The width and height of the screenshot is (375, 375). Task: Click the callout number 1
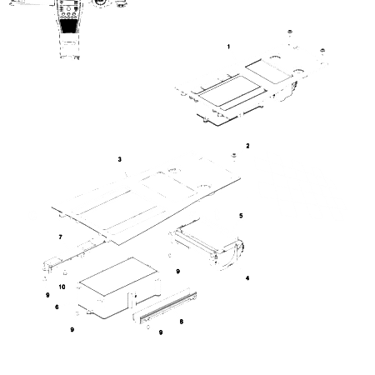pos(229,47)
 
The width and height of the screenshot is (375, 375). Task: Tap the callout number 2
pos(247,146)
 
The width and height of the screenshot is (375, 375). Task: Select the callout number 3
pos(120,159)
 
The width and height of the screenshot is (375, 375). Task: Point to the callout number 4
pos(247,278)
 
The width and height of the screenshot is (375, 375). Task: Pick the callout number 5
pos(242,216)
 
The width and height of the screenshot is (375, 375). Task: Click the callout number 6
pos(57,307)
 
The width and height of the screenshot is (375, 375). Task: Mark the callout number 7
pos(60,237)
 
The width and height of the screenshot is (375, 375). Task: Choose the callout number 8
pos(182,322)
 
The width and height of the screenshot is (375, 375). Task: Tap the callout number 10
pos(62,287)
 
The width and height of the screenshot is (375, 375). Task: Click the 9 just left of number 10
pos(47,294)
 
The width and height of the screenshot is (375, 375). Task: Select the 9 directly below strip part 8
pos(160,332)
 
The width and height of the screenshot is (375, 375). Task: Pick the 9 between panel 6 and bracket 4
pos(177,272)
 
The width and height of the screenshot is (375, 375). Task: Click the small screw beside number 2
pos(235,157)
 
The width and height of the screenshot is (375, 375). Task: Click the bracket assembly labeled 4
pos(212,250)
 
